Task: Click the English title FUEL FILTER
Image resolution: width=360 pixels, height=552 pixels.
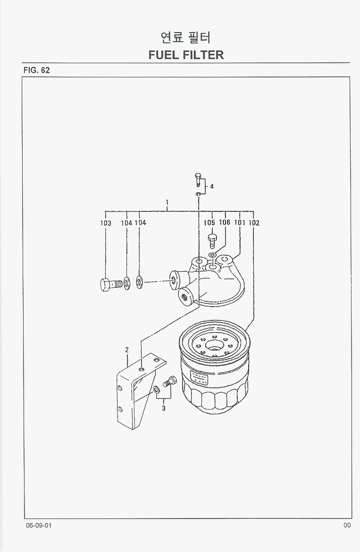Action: [186, 55]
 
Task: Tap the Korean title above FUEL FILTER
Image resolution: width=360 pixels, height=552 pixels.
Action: [186, 37]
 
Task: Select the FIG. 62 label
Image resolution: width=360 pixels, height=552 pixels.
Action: [37, 70]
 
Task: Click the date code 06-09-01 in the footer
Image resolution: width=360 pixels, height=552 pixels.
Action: [38, 526]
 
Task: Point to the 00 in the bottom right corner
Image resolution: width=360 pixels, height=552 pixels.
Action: [347, 526]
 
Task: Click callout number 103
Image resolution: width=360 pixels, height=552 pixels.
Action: [106, 223]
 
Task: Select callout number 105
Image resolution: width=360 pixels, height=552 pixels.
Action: [209, 223]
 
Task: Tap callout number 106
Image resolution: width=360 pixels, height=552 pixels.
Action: [224, 222]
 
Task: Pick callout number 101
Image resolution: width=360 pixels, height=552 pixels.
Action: [240, 223]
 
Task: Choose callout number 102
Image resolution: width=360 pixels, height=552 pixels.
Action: [254, 223]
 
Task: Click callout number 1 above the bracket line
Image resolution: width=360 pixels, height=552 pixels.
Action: [167, 202]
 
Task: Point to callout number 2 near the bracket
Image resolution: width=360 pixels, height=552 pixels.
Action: [127, 350]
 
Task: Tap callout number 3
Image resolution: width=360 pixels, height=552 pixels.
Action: [164, 409]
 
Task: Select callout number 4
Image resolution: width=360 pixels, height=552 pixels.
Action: [212, 186]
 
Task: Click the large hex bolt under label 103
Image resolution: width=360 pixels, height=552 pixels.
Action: [111, 284]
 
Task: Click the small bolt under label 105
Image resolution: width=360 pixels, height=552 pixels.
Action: [212, 241]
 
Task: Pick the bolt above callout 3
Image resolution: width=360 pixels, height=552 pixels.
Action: [169, 381]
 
